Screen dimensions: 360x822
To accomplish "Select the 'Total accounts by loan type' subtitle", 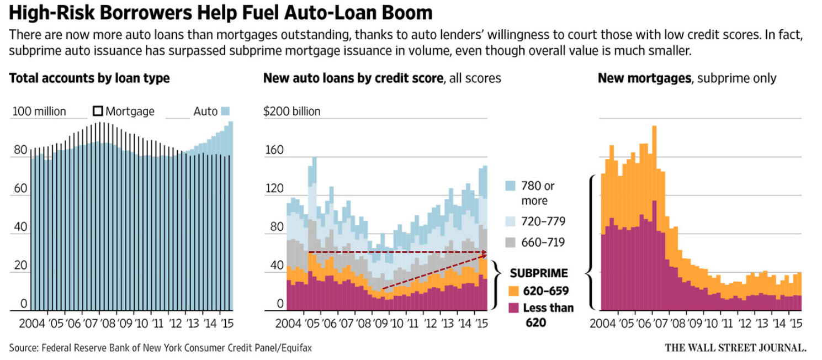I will click(x=89, y=78).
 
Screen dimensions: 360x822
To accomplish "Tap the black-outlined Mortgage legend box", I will click(x=98, y=111).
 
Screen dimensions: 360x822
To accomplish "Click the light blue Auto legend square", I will click(x=225, y=111).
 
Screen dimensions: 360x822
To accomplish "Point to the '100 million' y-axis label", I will click(x=39, y=112).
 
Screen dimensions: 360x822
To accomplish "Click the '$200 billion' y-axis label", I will click(x=292, y=112).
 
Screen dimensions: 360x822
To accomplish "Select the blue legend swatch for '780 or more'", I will click(x=511, y=186).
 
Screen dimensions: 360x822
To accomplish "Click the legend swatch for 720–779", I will click(x=511, y=221).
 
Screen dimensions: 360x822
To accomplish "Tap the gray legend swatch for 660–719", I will click(x=511, y=242).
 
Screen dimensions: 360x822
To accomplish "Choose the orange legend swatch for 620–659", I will click(x=513, y=290).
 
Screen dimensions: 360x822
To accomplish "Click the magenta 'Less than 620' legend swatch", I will click(x=513, y=308).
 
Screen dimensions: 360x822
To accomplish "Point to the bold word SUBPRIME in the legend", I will click(x=538, y=273).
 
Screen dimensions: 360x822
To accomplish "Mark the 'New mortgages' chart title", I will click(x=644, y=78).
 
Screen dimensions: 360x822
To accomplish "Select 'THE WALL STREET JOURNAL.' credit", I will click(x=735, y=348).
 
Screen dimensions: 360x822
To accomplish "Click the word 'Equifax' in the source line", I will click(x=301, y=348).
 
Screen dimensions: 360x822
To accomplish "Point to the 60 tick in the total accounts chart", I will click(x=20, y=188).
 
